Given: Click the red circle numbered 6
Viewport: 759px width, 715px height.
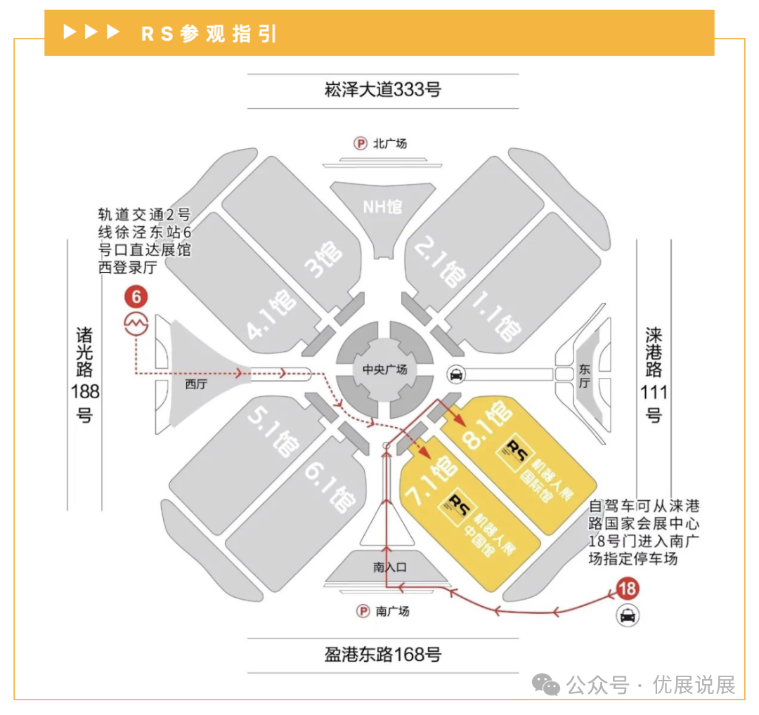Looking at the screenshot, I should (x=136, y=297).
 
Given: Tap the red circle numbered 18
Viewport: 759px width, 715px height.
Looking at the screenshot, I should (x=627, y=588).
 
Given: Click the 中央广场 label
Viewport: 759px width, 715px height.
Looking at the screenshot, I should (x=384, y=369).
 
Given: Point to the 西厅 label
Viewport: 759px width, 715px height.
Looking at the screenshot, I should (x=197, y=384).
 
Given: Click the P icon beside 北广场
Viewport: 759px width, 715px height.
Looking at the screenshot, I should (x=361, y=144).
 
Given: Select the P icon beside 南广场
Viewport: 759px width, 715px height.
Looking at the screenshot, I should (x=363, y=611).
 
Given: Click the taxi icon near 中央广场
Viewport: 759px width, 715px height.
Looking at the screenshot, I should (x=456, y=375).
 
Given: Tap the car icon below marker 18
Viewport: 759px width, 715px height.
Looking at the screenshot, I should (x=627, y=616).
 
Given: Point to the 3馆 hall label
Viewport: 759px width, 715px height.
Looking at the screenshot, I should (x=323, y=258).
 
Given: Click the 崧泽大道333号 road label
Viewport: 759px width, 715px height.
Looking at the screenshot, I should (x=383, y=90).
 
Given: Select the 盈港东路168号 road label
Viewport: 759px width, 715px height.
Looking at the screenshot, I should (x=383, y=655).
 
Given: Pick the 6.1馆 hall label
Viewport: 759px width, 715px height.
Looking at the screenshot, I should (x=330, y=489).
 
